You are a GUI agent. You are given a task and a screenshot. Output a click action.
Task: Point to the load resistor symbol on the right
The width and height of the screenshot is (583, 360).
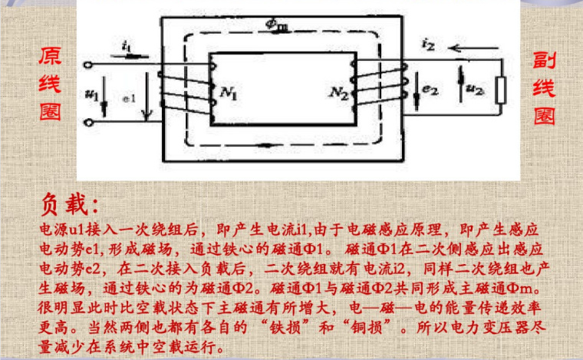click(501, 90)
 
